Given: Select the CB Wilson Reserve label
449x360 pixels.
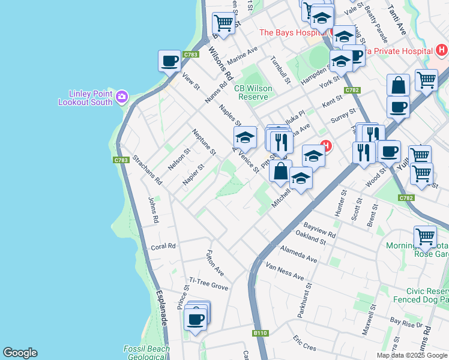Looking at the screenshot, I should click(x=253, y=92).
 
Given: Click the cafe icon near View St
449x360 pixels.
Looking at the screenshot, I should click(x=169, y=61).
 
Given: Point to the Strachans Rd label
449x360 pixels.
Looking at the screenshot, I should click(x=147, y=170).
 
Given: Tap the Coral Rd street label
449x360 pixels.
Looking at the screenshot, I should click(x=163, y=246).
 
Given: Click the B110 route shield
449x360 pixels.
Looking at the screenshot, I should click(x=260, y=332).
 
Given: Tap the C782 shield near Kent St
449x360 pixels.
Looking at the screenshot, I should click(x=352, y=90).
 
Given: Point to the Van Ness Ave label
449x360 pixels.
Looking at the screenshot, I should click(x=285, y=270).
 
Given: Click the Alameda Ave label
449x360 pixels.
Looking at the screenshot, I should click(x=298, y=254).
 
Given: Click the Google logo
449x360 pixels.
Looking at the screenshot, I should click(x=20, y=353).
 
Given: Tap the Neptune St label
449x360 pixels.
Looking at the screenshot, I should click(x=204, y=142).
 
